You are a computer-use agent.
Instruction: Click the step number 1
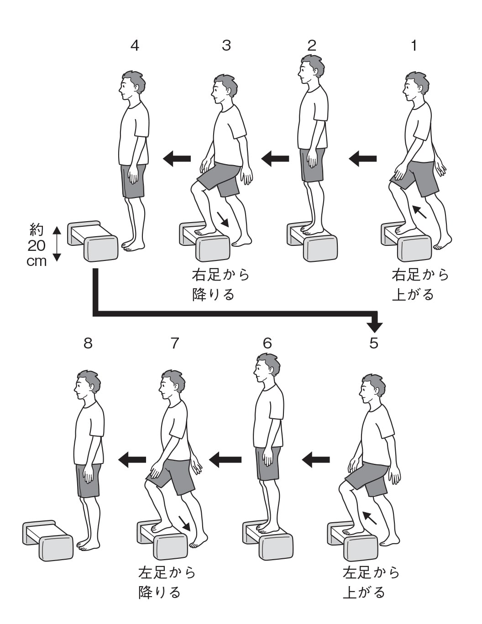pyautogui.click(x=414, y=46)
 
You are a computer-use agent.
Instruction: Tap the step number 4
pyautogui.click(x=135, y=46)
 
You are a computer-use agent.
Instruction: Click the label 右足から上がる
pyautogui.click(x=420, y=285)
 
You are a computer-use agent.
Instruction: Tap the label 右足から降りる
pyautogui.click(x=221, y=285)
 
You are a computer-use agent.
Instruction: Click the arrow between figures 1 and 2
pyautogui.click(x=363, y=159)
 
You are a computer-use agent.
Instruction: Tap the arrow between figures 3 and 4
pyautogui.click(x=177, y=159)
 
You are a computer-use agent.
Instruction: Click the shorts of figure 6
pyautogui.click(x=267, y=463)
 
